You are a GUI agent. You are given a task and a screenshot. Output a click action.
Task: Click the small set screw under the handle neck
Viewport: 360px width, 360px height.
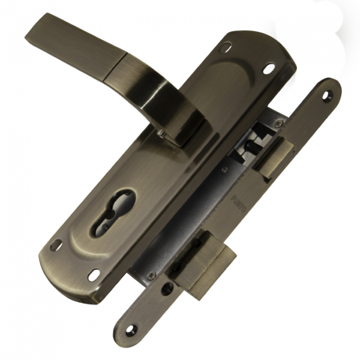[160, 132]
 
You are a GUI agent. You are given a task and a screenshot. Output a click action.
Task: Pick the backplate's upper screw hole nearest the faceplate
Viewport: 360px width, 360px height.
[268, 67]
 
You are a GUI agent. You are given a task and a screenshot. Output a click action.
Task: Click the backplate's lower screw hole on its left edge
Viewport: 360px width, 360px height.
[56, 245]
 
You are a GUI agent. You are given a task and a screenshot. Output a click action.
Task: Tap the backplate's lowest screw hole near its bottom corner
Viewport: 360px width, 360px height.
[94, 274]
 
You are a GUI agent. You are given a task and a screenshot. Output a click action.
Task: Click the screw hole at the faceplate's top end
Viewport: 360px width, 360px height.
[327, 95]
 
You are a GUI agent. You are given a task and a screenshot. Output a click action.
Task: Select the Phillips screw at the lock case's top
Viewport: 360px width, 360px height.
[277, 123]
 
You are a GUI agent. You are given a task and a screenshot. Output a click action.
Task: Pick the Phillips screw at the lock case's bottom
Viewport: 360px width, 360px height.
[151, 275]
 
